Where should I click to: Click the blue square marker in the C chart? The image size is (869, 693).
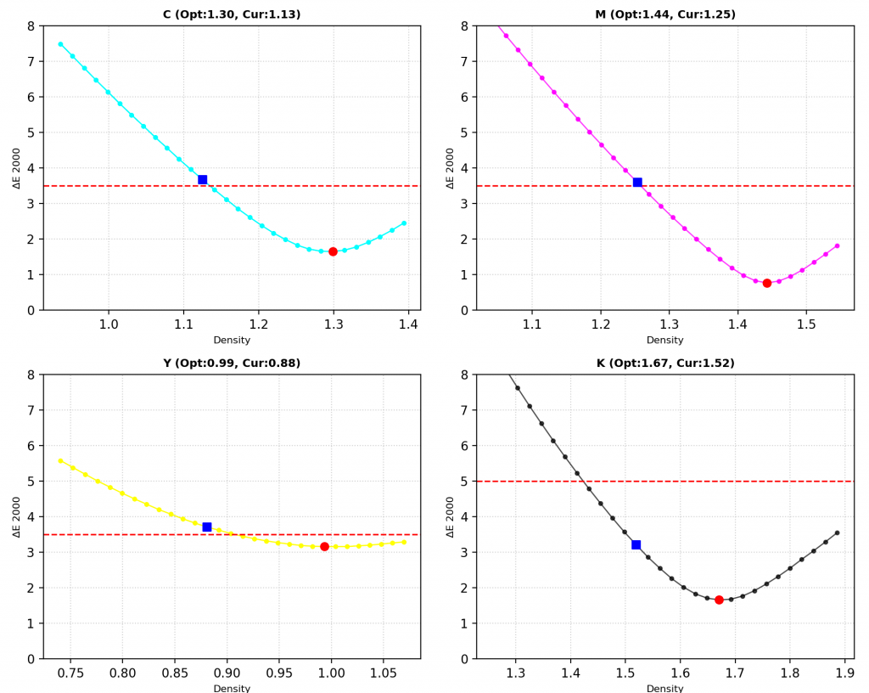(x=202, y=180)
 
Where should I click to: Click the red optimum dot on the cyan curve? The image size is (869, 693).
(x=333, y=251)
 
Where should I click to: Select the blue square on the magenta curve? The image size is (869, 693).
(x=637, y=183)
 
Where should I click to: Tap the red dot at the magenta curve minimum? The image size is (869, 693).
(x=767, y=284)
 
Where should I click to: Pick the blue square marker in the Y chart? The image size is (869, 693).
(x=207, y=527)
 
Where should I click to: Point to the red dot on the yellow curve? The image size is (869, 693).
(x=325, y=547)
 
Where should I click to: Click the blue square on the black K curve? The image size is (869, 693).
(x=636, y=545)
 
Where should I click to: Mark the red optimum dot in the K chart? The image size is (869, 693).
(x=719, y=600)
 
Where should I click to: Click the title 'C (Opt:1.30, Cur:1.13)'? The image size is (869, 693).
(x=232, y=14)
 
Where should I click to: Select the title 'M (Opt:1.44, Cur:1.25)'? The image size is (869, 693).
(x=665, y=14)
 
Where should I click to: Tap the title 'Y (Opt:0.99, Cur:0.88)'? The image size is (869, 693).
(x=232, y=363)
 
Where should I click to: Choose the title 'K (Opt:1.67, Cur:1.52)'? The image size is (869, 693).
(x=665, y=363)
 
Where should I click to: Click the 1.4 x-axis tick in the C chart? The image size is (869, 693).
(x=408, y=324)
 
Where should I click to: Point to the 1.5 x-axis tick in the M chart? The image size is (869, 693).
(x=806, y=324)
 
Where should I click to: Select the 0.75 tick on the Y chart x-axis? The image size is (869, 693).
(x=70, y=673)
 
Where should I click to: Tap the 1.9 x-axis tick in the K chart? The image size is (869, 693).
(x=844, y=673)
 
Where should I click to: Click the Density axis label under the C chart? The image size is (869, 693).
(x=232, y=340)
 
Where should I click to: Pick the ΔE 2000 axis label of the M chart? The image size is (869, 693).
(x=450, y=168)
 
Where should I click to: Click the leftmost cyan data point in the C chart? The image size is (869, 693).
(x=60, y=44)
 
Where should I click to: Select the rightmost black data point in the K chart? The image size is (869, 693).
(x=837, y=532)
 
